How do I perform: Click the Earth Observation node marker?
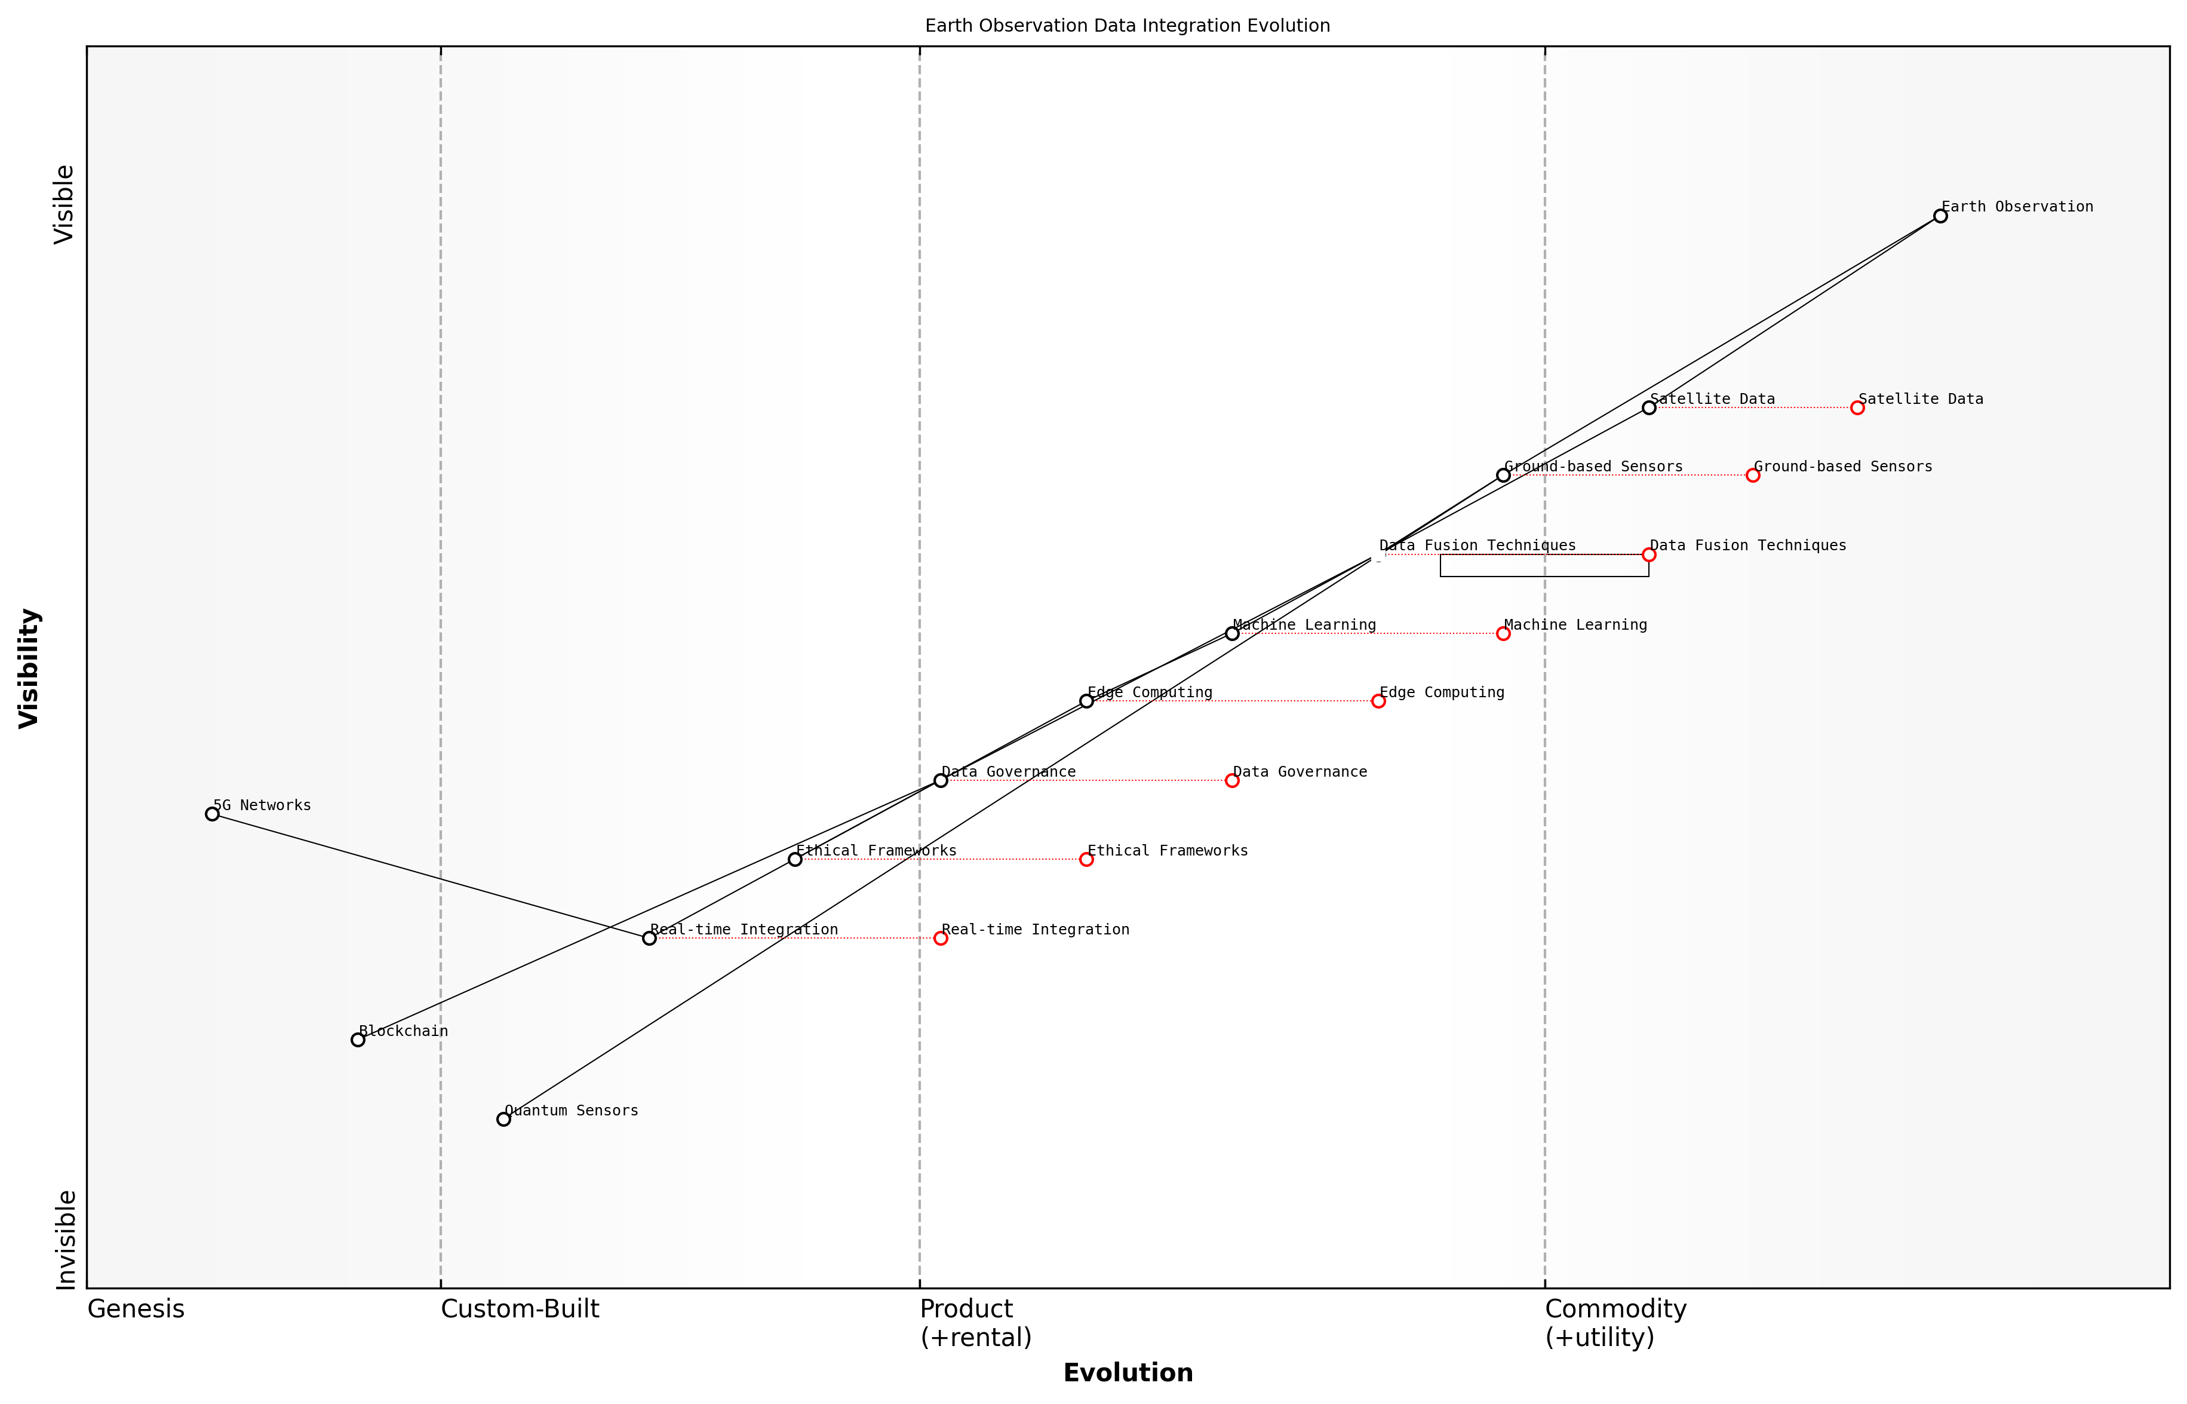coord(1940,216)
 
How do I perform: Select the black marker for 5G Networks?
coord(213,814)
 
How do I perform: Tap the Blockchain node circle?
coord(358,1040)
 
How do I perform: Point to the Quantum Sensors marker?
coord(504,1118)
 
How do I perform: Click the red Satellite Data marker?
coord(1857,407)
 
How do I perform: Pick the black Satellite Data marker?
coord(1648,407)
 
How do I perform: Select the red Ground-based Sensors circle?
coord(1752,475)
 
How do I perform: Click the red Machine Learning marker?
coord(1504,634)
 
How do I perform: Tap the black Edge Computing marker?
coord(1086,701)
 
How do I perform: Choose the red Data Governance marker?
coord(1232,780)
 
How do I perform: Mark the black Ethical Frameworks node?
coord(795,859)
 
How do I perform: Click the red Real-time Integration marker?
coord(941,938)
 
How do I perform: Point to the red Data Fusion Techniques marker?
coord(1648,554)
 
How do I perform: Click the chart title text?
coord(1127,26)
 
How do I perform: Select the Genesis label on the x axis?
coord(136,1309)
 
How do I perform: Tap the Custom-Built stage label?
coord(520,1309)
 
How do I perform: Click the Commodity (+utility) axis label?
coord(1615,1323)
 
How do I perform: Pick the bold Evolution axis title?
coord(1127,1373)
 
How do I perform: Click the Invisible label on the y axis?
coord(64,1240)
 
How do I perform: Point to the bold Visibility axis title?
coord(29,669)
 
